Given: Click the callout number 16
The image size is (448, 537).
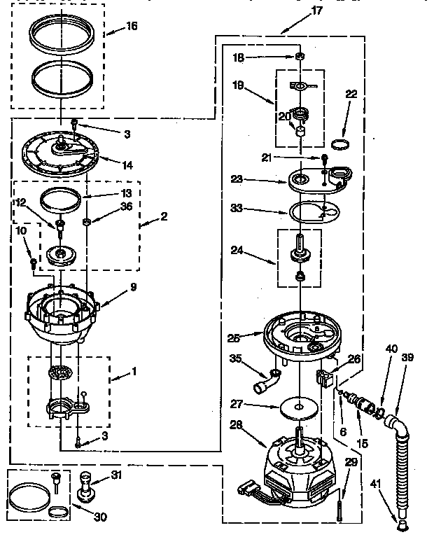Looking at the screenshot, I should [x=132, y=26].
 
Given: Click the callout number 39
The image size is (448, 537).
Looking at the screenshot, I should [x=408, y=358].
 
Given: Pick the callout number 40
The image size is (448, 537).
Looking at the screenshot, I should [x=391, y=348].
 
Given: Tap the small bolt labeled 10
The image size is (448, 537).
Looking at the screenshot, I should [x=34, y=263].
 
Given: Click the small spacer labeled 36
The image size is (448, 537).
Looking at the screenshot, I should [x=86, y=223].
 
